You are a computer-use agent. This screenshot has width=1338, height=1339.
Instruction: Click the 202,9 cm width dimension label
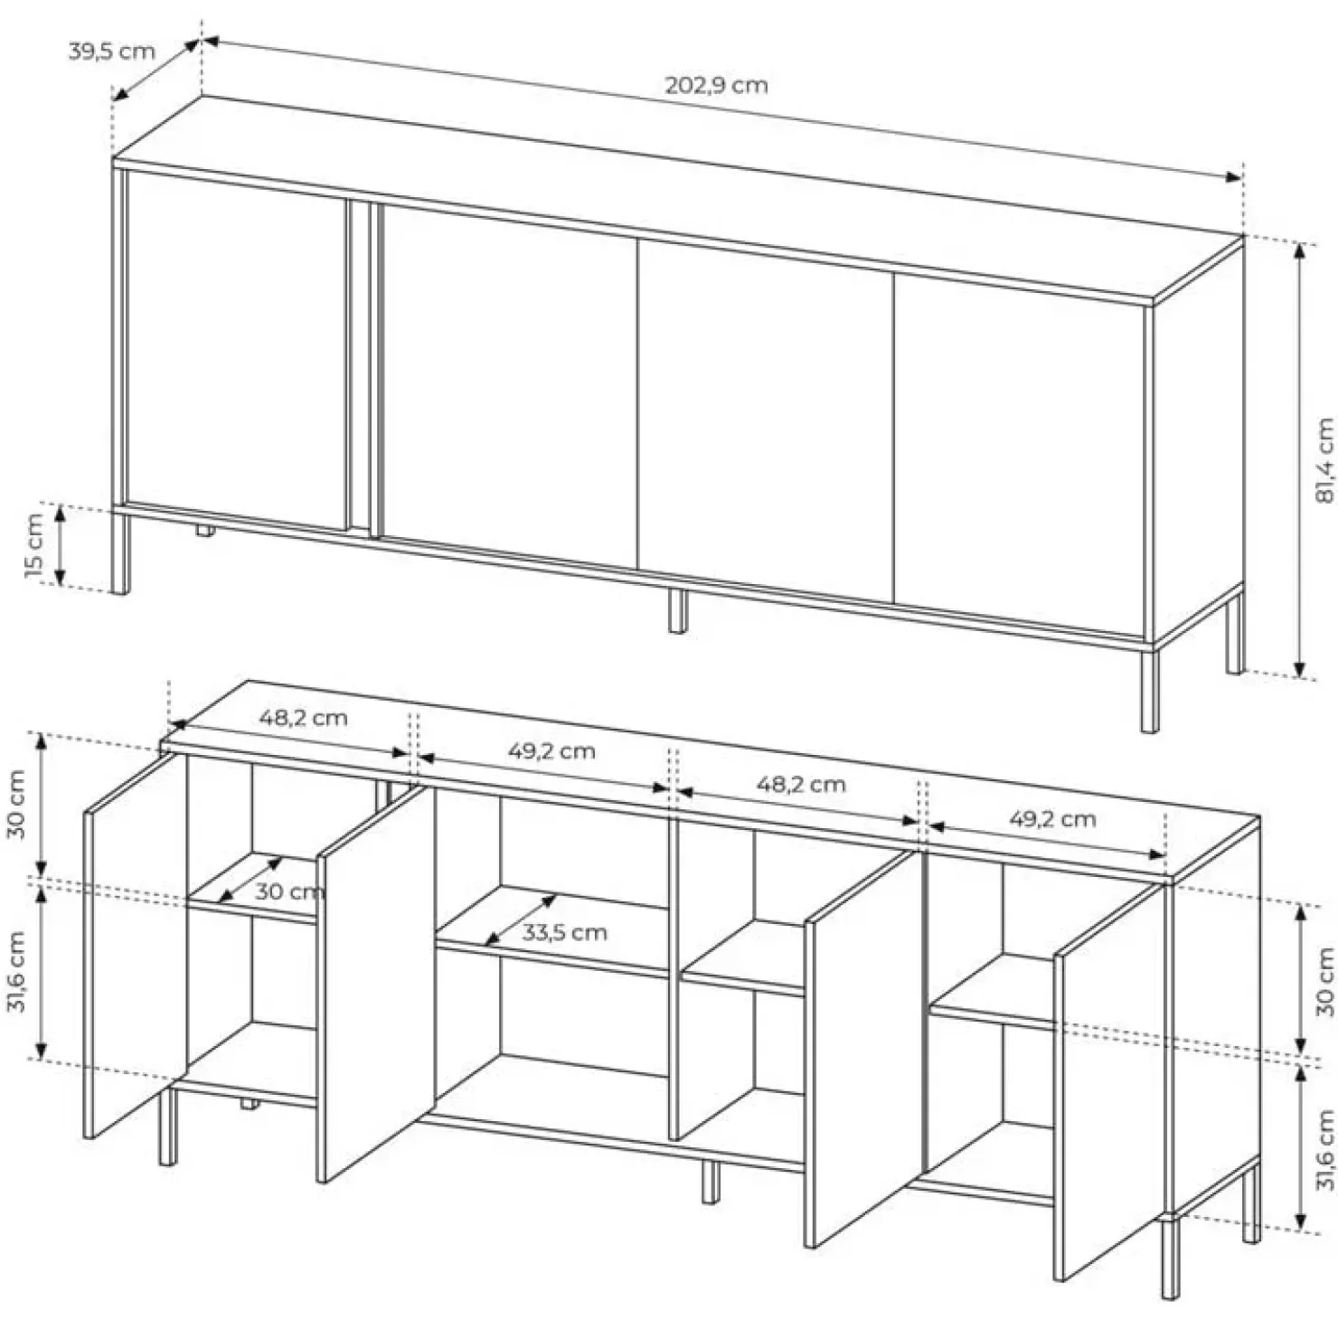716,85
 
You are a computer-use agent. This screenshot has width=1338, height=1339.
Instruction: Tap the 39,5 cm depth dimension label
111,51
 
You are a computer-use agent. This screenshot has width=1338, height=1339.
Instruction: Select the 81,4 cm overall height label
1324,459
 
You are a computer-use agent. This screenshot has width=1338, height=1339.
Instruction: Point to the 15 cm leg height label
33,545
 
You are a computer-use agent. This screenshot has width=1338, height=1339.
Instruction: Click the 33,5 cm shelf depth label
564,932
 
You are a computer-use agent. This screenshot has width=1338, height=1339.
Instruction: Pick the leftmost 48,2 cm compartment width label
303,718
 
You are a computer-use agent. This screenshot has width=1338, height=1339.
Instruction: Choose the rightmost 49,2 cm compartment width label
1052,819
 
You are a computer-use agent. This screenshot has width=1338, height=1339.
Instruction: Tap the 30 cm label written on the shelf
288,891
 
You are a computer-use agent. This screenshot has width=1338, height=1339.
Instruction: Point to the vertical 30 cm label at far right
1324,981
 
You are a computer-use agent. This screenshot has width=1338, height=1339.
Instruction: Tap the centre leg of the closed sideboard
677,610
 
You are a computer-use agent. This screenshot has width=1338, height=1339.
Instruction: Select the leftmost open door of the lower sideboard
136,946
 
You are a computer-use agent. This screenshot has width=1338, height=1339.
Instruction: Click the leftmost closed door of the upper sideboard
237,349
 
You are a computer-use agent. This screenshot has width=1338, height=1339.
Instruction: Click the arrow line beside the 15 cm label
61,545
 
